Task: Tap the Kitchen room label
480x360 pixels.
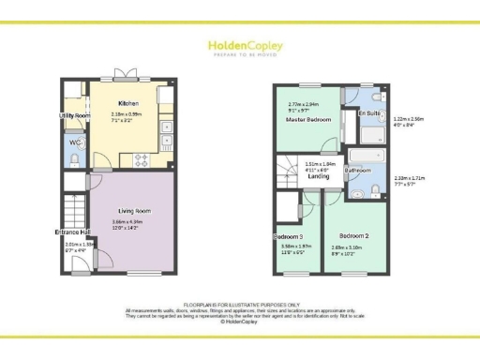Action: click(128, 103)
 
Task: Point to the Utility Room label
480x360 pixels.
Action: click(74, 115)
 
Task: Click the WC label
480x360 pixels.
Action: click(75, 142)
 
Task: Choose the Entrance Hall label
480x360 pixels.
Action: click(72, 232)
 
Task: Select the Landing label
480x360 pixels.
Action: click(318, 175)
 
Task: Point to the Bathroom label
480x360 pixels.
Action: click(357, 171)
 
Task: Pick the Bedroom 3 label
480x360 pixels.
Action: click(289, 235)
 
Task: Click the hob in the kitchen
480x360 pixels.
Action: click(142, 157)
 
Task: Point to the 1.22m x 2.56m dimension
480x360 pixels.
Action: click(410, 121)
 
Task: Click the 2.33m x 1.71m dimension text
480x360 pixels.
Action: click(410, 180)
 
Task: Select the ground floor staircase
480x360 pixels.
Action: click(76, 206)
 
